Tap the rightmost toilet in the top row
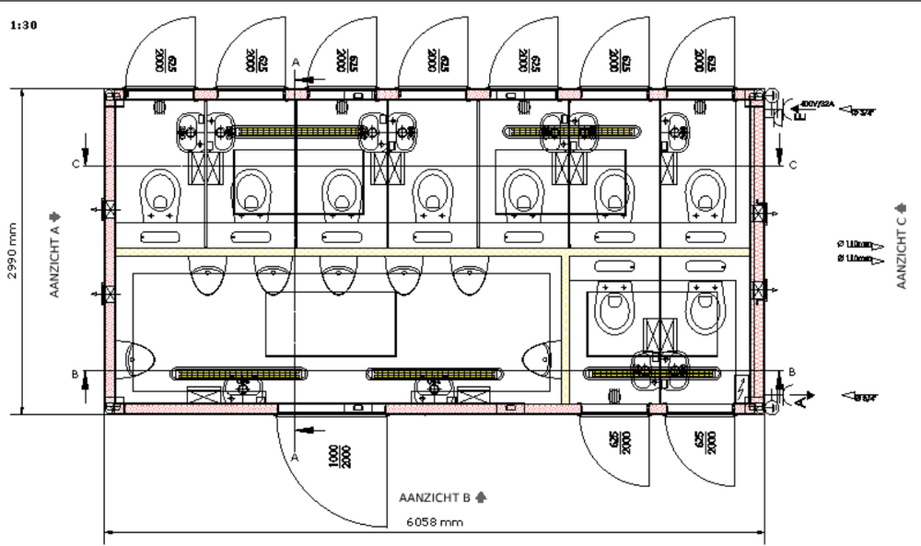click(x=705, y=194)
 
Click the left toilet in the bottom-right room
click(x=612, y=308)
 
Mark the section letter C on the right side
click(x=793, y=166)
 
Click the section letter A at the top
click(x=296, y=61)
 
